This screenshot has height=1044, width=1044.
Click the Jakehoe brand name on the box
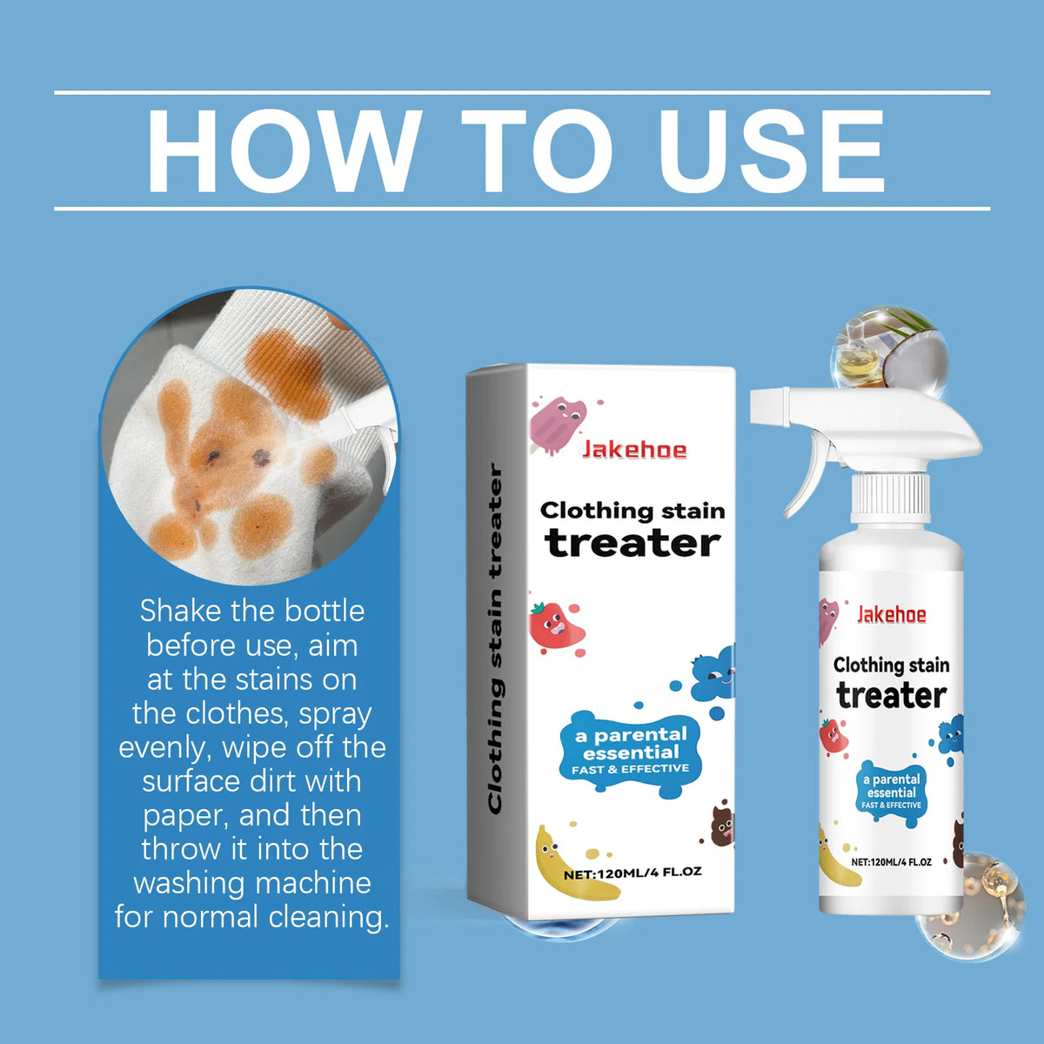point(634,450)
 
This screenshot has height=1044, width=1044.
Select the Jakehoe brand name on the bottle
point(891,614)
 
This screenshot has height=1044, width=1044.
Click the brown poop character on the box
point(722,826)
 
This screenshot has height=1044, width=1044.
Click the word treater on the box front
point(632,543)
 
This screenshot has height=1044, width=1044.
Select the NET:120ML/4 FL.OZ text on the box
point(632,873)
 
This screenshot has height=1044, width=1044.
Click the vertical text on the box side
point(495,639)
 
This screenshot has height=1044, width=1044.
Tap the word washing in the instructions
point(200,883)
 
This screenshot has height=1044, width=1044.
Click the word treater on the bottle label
point(891,696)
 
